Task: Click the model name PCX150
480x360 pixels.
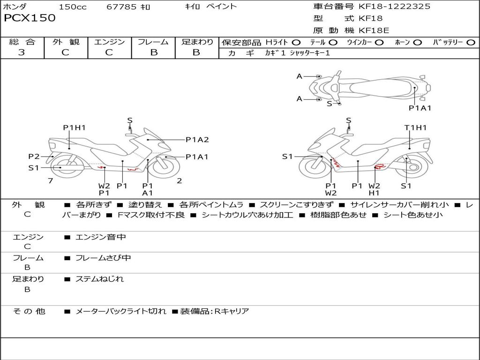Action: point(30,18)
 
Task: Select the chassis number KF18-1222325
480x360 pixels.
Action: point(394,7)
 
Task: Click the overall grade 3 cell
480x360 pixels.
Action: point(22,52)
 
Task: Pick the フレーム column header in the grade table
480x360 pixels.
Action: point(153,42)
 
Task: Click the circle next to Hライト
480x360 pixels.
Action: point(296,43)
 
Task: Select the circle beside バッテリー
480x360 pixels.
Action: point(470,43)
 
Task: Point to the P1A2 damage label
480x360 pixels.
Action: point(197,139)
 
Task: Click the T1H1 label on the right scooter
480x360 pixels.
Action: point(415,127)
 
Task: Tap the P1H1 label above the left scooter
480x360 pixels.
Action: point(75,127)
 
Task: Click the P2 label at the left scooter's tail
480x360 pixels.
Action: point(34,157)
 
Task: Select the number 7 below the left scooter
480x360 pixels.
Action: point(50,180)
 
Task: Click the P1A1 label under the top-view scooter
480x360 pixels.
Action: point(420,108)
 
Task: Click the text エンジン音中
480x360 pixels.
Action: point(101,237)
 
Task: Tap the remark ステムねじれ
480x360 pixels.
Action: point(100,279)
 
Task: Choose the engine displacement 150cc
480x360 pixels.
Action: point(73,7)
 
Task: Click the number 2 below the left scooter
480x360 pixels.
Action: point(180,180)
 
